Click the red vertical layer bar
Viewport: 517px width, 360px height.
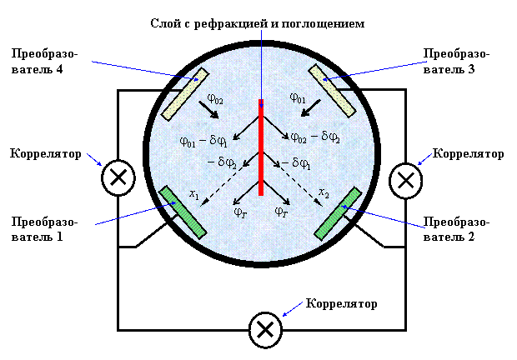261,147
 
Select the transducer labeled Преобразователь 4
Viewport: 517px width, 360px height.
184,94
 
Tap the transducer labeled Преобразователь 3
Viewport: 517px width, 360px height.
332,91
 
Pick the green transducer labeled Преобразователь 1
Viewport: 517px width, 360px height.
183,212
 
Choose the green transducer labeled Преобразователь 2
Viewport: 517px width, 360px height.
338,214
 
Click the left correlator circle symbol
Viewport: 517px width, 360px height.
118,177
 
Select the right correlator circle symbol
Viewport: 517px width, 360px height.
405,181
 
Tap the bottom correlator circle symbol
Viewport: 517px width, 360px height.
265,330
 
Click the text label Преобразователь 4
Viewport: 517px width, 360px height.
44,62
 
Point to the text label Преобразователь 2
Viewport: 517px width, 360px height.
456,229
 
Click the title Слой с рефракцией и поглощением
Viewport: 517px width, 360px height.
258,24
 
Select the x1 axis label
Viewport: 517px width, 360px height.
194,194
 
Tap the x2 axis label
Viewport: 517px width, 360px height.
324,193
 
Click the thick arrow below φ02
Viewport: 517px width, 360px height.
208,110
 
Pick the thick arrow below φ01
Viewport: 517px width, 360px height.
310,108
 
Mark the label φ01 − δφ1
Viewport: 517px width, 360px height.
203,142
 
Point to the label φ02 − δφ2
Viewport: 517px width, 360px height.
315,137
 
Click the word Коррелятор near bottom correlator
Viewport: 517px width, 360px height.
342,303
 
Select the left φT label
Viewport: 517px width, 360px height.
241,212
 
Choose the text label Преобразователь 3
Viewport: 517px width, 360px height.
456,62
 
